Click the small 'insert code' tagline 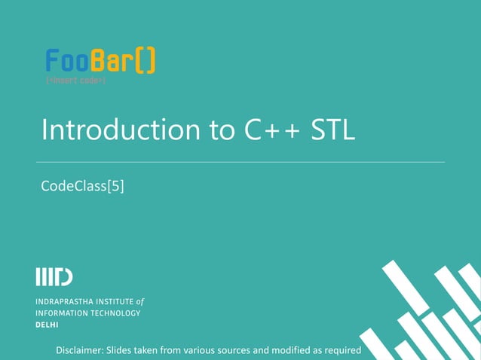point(75,80)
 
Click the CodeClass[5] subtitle point(82,185)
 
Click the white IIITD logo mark point(54,277)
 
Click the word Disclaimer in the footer point(80,351)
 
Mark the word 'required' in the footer point(341,351)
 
